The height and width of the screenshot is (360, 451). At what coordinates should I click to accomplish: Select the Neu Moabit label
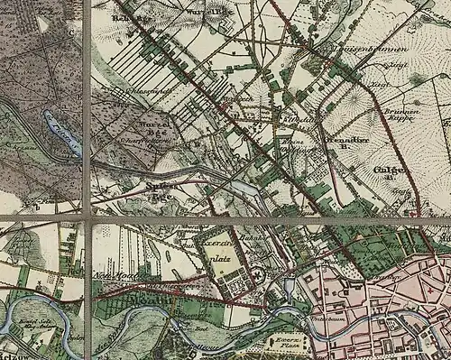coord(114,272)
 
